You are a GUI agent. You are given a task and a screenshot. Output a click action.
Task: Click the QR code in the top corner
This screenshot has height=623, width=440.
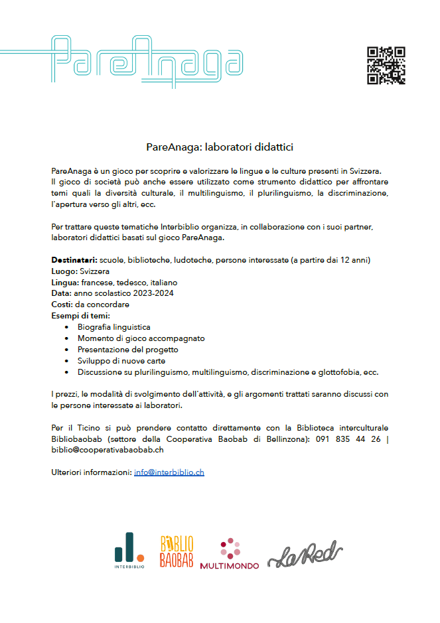pyautogui.click(x=386, y=66)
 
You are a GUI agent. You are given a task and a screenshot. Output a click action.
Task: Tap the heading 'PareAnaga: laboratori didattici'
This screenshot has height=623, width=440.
pyautogui.click(x=220, y=146)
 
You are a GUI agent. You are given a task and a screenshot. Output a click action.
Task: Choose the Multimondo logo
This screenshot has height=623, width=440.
pyautogui.click(x=230, y=553)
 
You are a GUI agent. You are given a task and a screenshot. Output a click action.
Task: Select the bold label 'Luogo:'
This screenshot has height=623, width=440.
pyautogui.click(x=64, y=271)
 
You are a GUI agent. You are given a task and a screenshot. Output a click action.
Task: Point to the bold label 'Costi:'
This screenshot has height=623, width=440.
pyautogui.click(x=62, y=305)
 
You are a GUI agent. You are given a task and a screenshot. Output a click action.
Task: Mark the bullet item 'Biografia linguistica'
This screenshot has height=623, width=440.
pyautogui.click(x=113, y=327)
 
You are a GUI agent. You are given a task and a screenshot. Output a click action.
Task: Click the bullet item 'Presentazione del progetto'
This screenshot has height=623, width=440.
pyautogui.click(x=127, y=349)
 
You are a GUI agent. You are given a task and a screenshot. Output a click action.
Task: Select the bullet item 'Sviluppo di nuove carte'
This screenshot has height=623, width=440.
pyautogui.click(x=120, y=360)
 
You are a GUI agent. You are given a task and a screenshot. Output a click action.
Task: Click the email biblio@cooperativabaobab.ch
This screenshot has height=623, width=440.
pyautogui.click(x=108, y=450)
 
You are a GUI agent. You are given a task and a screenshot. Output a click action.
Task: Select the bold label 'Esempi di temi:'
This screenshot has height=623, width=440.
pyautogui.click(x=80, y=315)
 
